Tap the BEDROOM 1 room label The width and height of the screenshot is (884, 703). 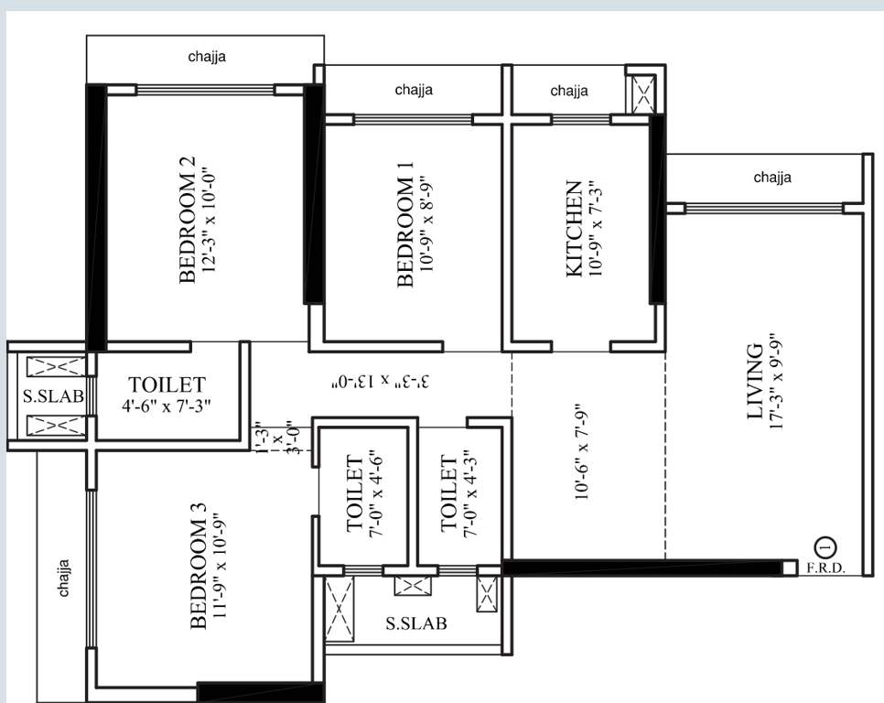405,224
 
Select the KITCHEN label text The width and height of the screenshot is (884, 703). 574,229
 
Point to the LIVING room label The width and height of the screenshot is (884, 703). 755,382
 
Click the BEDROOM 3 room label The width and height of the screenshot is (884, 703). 199,566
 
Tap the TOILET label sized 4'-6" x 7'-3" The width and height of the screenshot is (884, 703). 167,385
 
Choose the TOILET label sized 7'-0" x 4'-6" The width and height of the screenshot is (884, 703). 356,495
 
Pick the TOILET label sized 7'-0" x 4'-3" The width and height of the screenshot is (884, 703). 448,493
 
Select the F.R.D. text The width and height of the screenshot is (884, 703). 825,568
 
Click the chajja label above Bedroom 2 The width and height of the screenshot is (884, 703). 207,57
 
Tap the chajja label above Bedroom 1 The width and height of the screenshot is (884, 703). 414,90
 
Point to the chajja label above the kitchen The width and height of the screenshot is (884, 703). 569,91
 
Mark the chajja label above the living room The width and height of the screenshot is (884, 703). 772,178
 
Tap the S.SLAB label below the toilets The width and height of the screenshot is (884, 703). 416,624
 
